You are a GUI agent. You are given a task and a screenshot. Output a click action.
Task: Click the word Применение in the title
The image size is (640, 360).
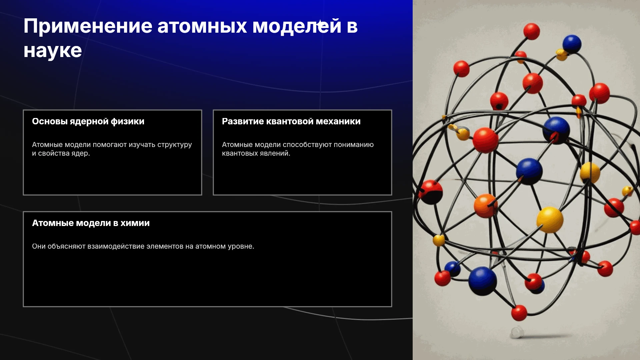[88, 26]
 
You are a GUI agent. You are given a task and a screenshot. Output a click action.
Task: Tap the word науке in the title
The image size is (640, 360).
[53, 51]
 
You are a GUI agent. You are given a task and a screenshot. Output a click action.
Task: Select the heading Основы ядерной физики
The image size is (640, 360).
[88, 122]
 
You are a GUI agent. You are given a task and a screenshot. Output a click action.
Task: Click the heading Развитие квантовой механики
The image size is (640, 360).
[291, 121]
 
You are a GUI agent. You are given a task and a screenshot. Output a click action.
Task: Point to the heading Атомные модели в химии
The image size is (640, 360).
[91, 223]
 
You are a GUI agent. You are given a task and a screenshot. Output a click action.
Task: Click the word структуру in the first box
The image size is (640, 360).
[175, 145]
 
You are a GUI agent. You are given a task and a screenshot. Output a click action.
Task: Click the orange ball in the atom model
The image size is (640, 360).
[486, 206]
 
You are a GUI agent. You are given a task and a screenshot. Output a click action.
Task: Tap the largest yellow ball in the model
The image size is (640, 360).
[550, 220]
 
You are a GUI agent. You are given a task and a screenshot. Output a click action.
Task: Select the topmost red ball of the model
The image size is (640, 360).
[532, 31]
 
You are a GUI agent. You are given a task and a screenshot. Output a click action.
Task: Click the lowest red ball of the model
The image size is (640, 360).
[519, 313]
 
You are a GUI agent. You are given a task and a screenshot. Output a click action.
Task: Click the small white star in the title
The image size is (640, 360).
[320, 24]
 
